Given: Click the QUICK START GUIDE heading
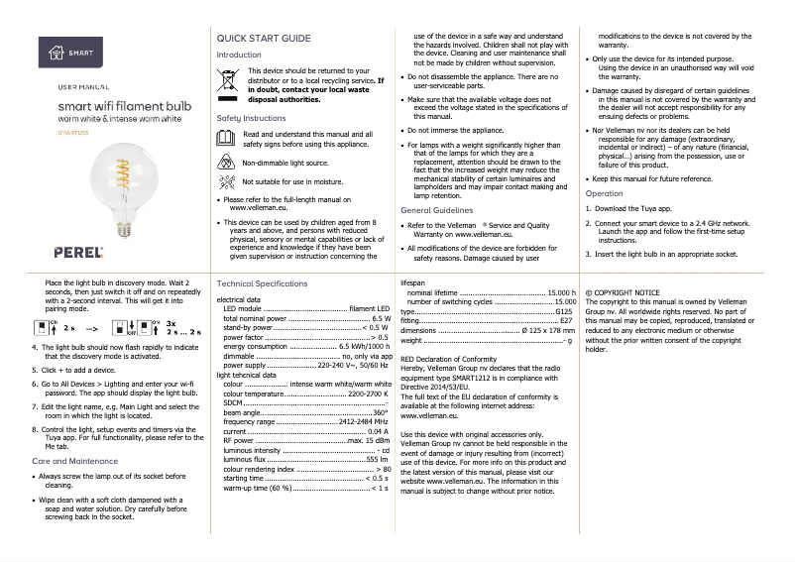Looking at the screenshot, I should coord(263,38).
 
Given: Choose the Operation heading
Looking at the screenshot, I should coord(605,193).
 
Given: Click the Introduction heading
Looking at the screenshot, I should coord(239,55).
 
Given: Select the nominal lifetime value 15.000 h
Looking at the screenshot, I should coord(561,293).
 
